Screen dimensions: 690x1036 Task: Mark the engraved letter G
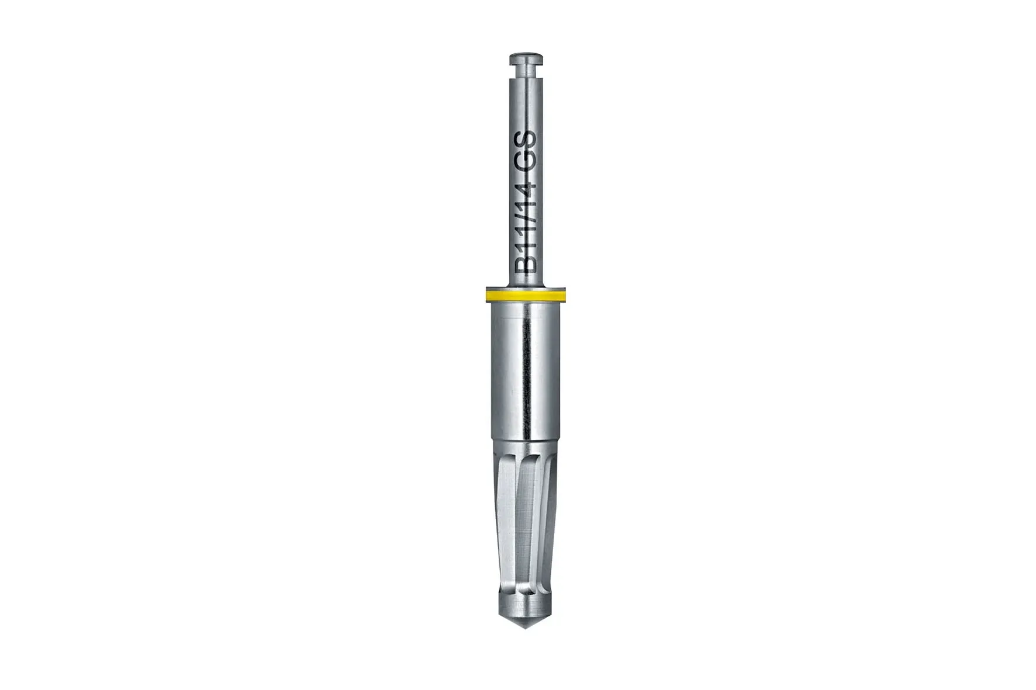(x=526, y=158)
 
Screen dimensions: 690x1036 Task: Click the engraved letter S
(x=526, y=140)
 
